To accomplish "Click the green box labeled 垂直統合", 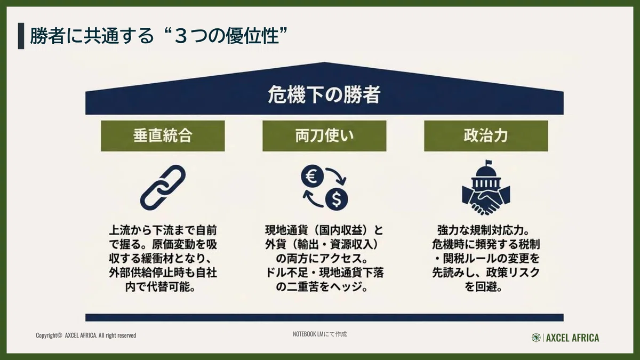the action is (163, 135).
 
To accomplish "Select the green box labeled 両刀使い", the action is (324, 135).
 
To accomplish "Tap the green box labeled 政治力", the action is (486, 135).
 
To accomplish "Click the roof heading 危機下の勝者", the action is (324, 94).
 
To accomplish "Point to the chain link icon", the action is (163, 187).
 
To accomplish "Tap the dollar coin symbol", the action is (337, 199).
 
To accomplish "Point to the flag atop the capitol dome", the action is (489, 163).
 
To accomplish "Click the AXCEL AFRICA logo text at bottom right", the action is (573, 338).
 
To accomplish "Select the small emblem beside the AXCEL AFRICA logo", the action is (536, 338).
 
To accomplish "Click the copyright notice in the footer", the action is (86, 335).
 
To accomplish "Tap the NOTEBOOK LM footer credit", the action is (319, 334).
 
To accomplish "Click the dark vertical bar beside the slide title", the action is (21, 36).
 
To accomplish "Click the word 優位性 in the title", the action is (252, 36).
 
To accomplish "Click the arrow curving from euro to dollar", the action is (338, 174).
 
